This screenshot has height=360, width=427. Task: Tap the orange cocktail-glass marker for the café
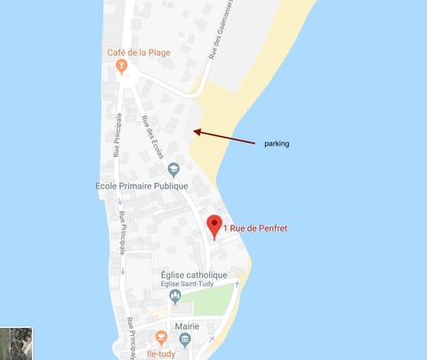point(133,66)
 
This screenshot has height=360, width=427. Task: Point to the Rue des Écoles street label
point(152,137)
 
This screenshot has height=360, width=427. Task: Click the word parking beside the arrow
point(276,143)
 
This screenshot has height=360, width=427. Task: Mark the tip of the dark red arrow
point(195,132)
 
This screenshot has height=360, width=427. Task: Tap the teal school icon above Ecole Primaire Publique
point(173,169)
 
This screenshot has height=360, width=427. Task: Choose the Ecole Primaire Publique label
point(141,186)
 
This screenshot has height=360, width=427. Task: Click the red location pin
point(213,225)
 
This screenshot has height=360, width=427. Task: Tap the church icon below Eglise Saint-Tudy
point(175,296)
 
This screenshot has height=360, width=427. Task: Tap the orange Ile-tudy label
point(160,352)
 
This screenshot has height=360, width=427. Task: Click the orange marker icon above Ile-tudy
point(161,337)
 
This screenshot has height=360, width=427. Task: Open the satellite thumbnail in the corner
point(17,342)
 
